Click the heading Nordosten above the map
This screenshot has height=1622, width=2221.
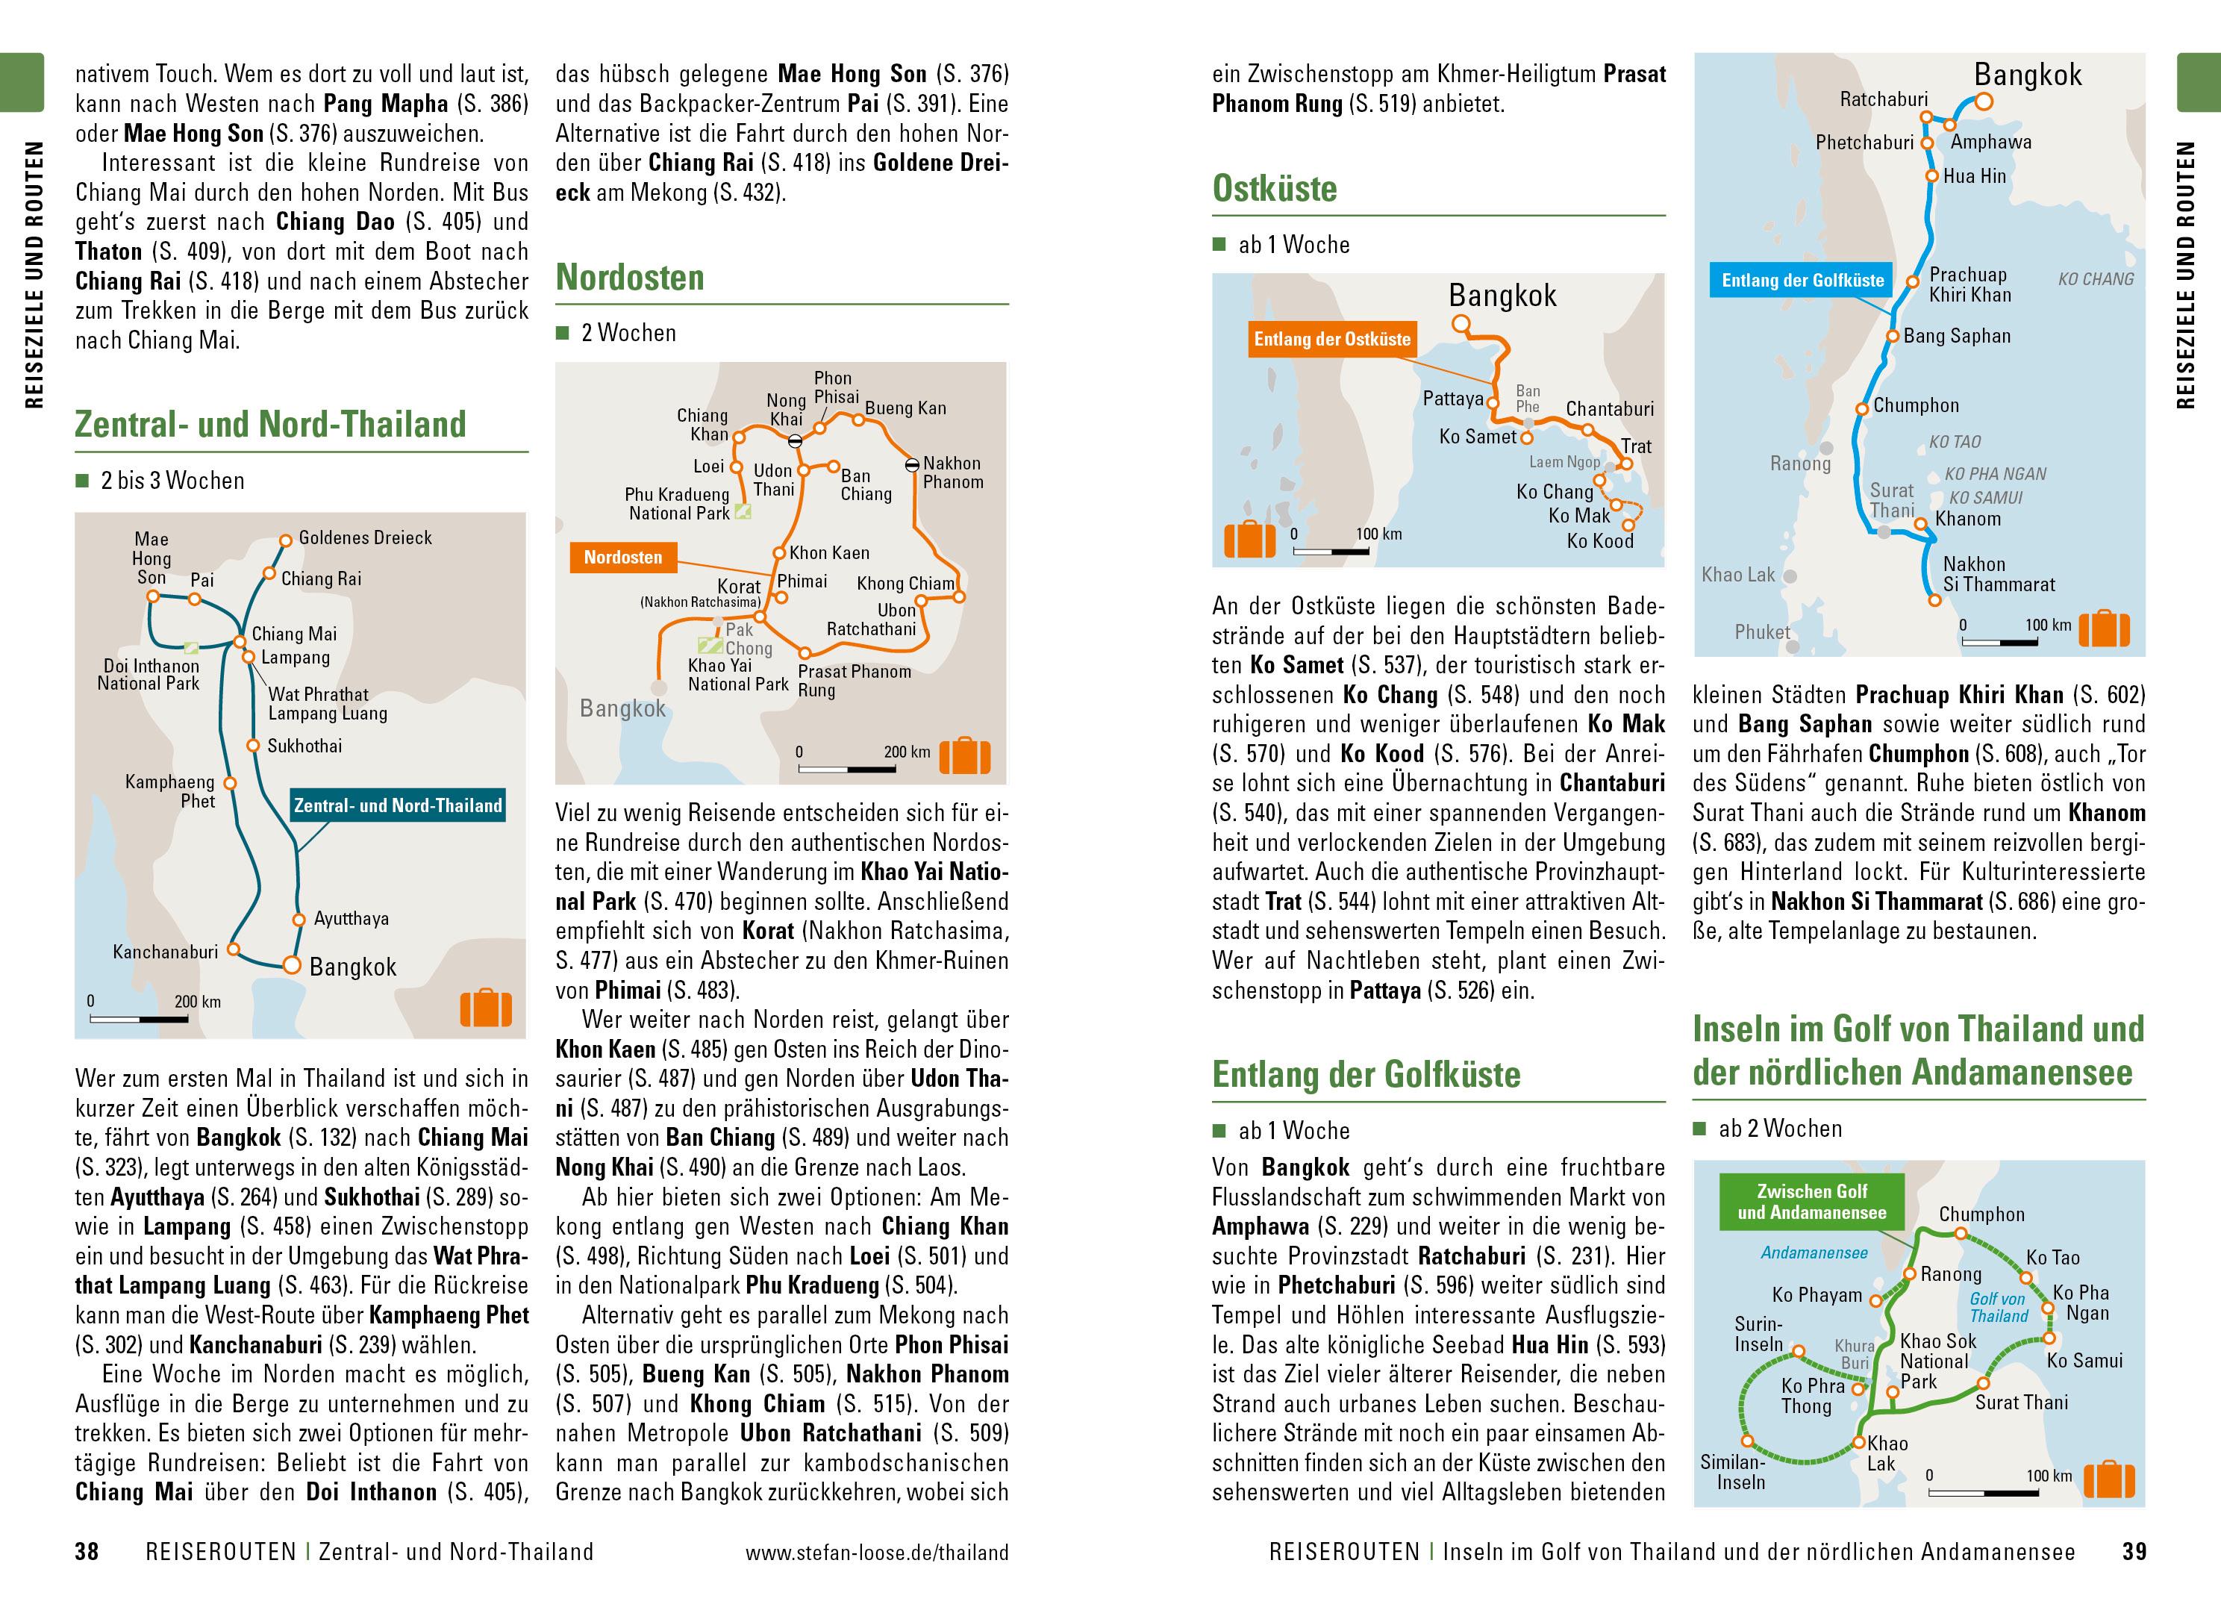(x=630, y=278)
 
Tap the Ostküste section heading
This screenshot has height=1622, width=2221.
(x=1274, y=189)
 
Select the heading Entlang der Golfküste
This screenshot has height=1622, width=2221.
(x=1365, y=1074)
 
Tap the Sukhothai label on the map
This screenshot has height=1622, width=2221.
(x=304, y=746)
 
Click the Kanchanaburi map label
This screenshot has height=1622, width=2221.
(x=165, y=952)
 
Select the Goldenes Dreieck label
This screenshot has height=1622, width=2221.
(x=365, y=538)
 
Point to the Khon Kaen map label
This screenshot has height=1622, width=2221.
(x=829, y=553)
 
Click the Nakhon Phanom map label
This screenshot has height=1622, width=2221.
(x=952, y=472)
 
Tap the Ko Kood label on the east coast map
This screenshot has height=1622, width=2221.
(x=1600, y=541)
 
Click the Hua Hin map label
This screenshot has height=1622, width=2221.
(x=1975, y=177)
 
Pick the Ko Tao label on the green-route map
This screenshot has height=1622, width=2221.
(x=2053, y=1258)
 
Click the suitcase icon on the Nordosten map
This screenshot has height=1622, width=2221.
(x=965, y=755)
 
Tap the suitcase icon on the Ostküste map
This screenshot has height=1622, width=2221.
(x=1249, y=539)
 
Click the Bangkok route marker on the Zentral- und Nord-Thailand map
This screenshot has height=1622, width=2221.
(x=292, y=965)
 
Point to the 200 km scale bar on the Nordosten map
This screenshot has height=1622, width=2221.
(x=847, y=769)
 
